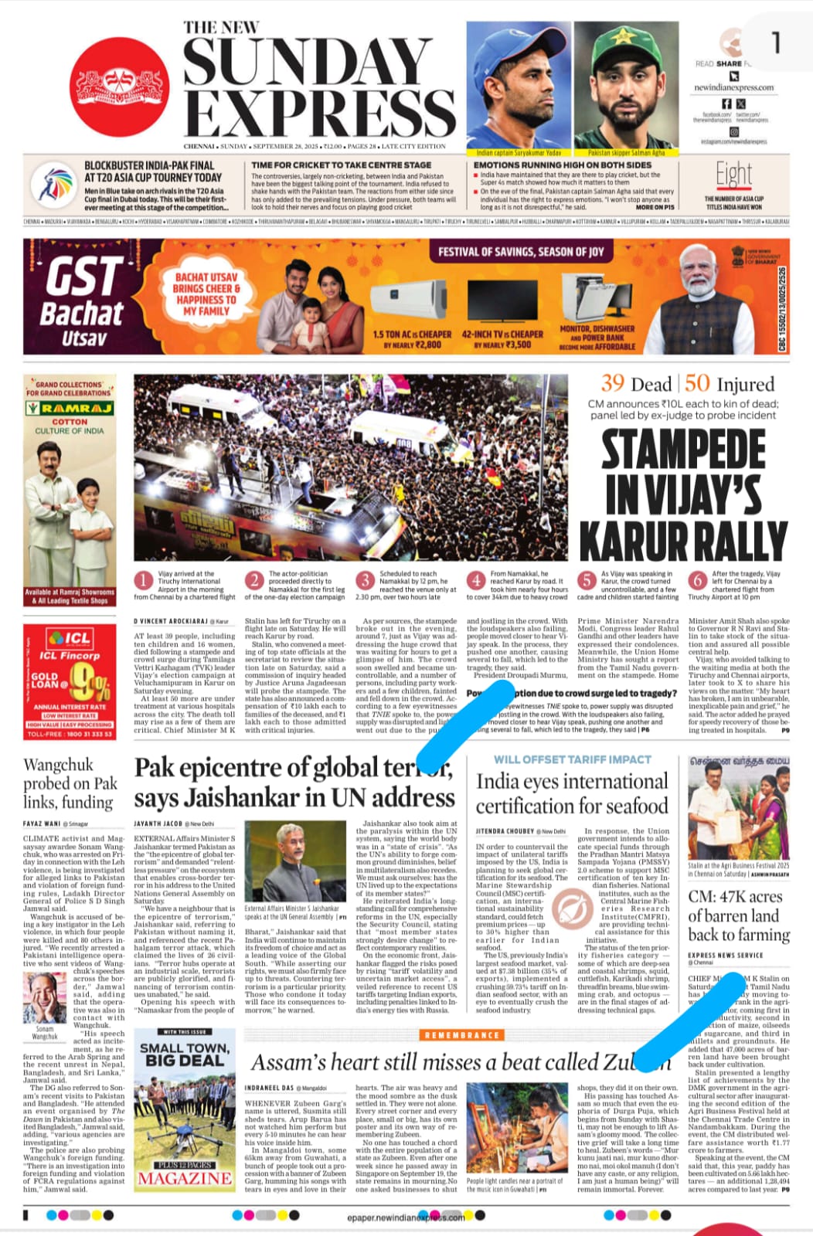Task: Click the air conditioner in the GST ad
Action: [412, 301]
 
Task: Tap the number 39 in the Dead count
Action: [613, 383]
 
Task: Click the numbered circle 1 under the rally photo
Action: [144, 580]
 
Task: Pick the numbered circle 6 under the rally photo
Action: [698, 580]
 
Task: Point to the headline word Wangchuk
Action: [59, 765]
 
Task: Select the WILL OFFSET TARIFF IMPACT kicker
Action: [572, 759]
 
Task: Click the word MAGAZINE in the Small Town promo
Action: [185, 1178]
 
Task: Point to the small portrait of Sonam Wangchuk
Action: [43, 997]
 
